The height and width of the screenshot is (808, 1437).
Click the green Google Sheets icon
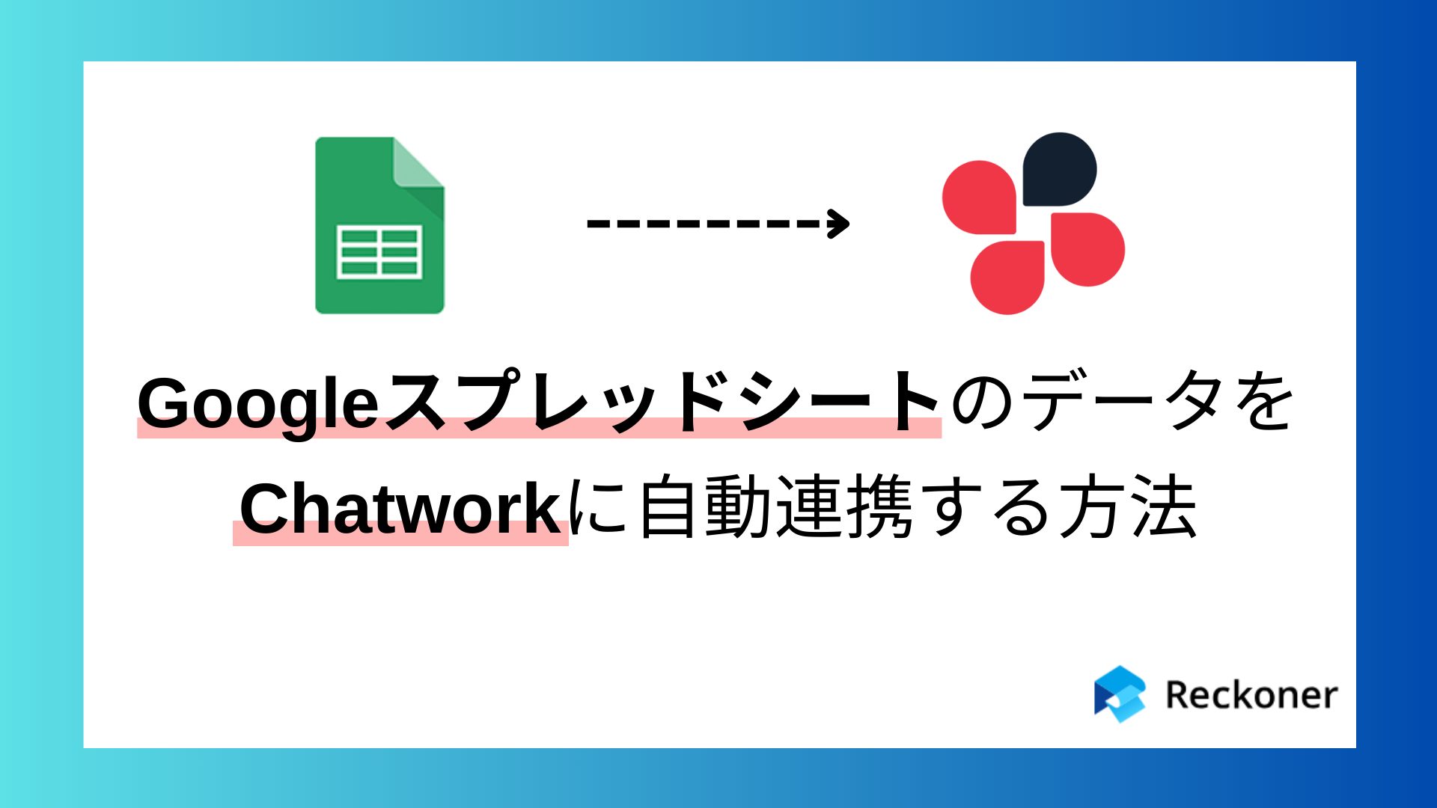[x=379, y=224]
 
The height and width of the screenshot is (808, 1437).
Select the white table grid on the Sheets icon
[x=379, y=251]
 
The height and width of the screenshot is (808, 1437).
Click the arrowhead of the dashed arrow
[x=838, y=223]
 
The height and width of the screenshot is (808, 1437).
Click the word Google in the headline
[x=258, y=405]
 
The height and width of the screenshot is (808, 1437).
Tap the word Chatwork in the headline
[x=400, y=509]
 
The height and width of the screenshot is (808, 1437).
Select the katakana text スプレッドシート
[x=662, y=402]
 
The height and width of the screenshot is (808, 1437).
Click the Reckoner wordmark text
[x=1251, y=695]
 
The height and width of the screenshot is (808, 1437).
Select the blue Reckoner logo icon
[x=1120, y=694]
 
